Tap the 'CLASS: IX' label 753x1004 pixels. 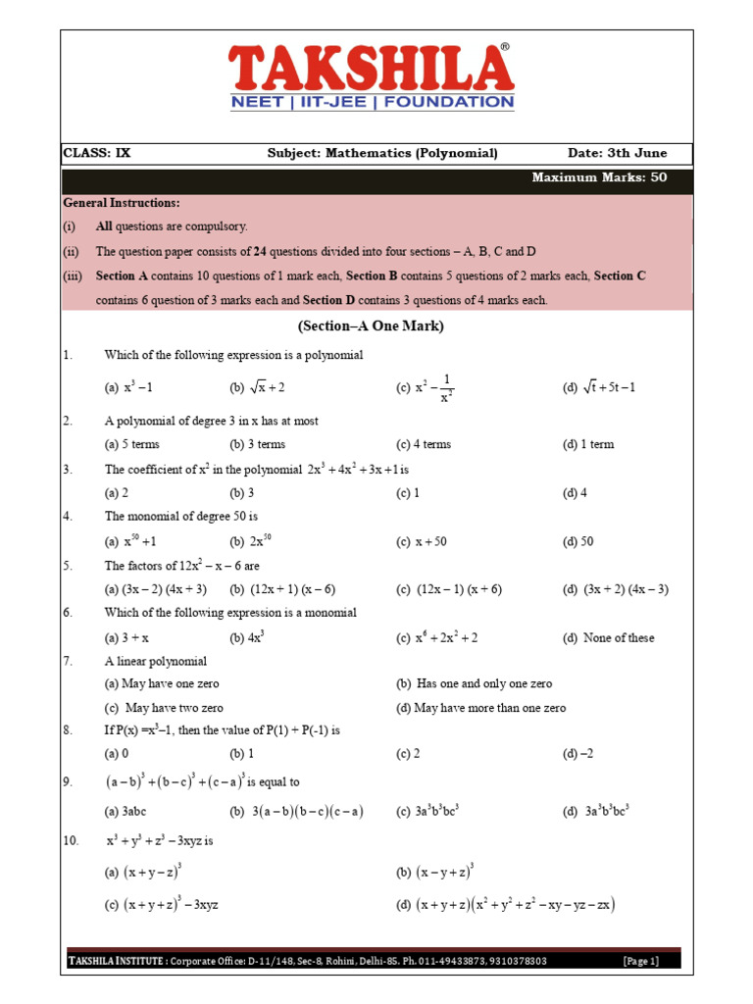click(x=96, y=153)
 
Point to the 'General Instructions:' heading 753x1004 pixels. click(x=122, y=202)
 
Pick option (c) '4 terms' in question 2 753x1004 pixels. click(x=424, y=444)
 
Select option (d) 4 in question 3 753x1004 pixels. click(x=575, y=492)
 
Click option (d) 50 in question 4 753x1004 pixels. click(x=577, y=541)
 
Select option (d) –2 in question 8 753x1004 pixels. click(x=577, y=754)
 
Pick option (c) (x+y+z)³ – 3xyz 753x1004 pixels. click(x=161, y=904)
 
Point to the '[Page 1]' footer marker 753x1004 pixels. click(x=641, y=961)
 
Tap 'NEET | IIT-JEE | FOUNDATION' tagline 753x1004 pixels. click(x=371, y=102)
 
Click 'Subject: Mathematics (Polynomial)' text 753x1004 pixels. click(x=382, y=153)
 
